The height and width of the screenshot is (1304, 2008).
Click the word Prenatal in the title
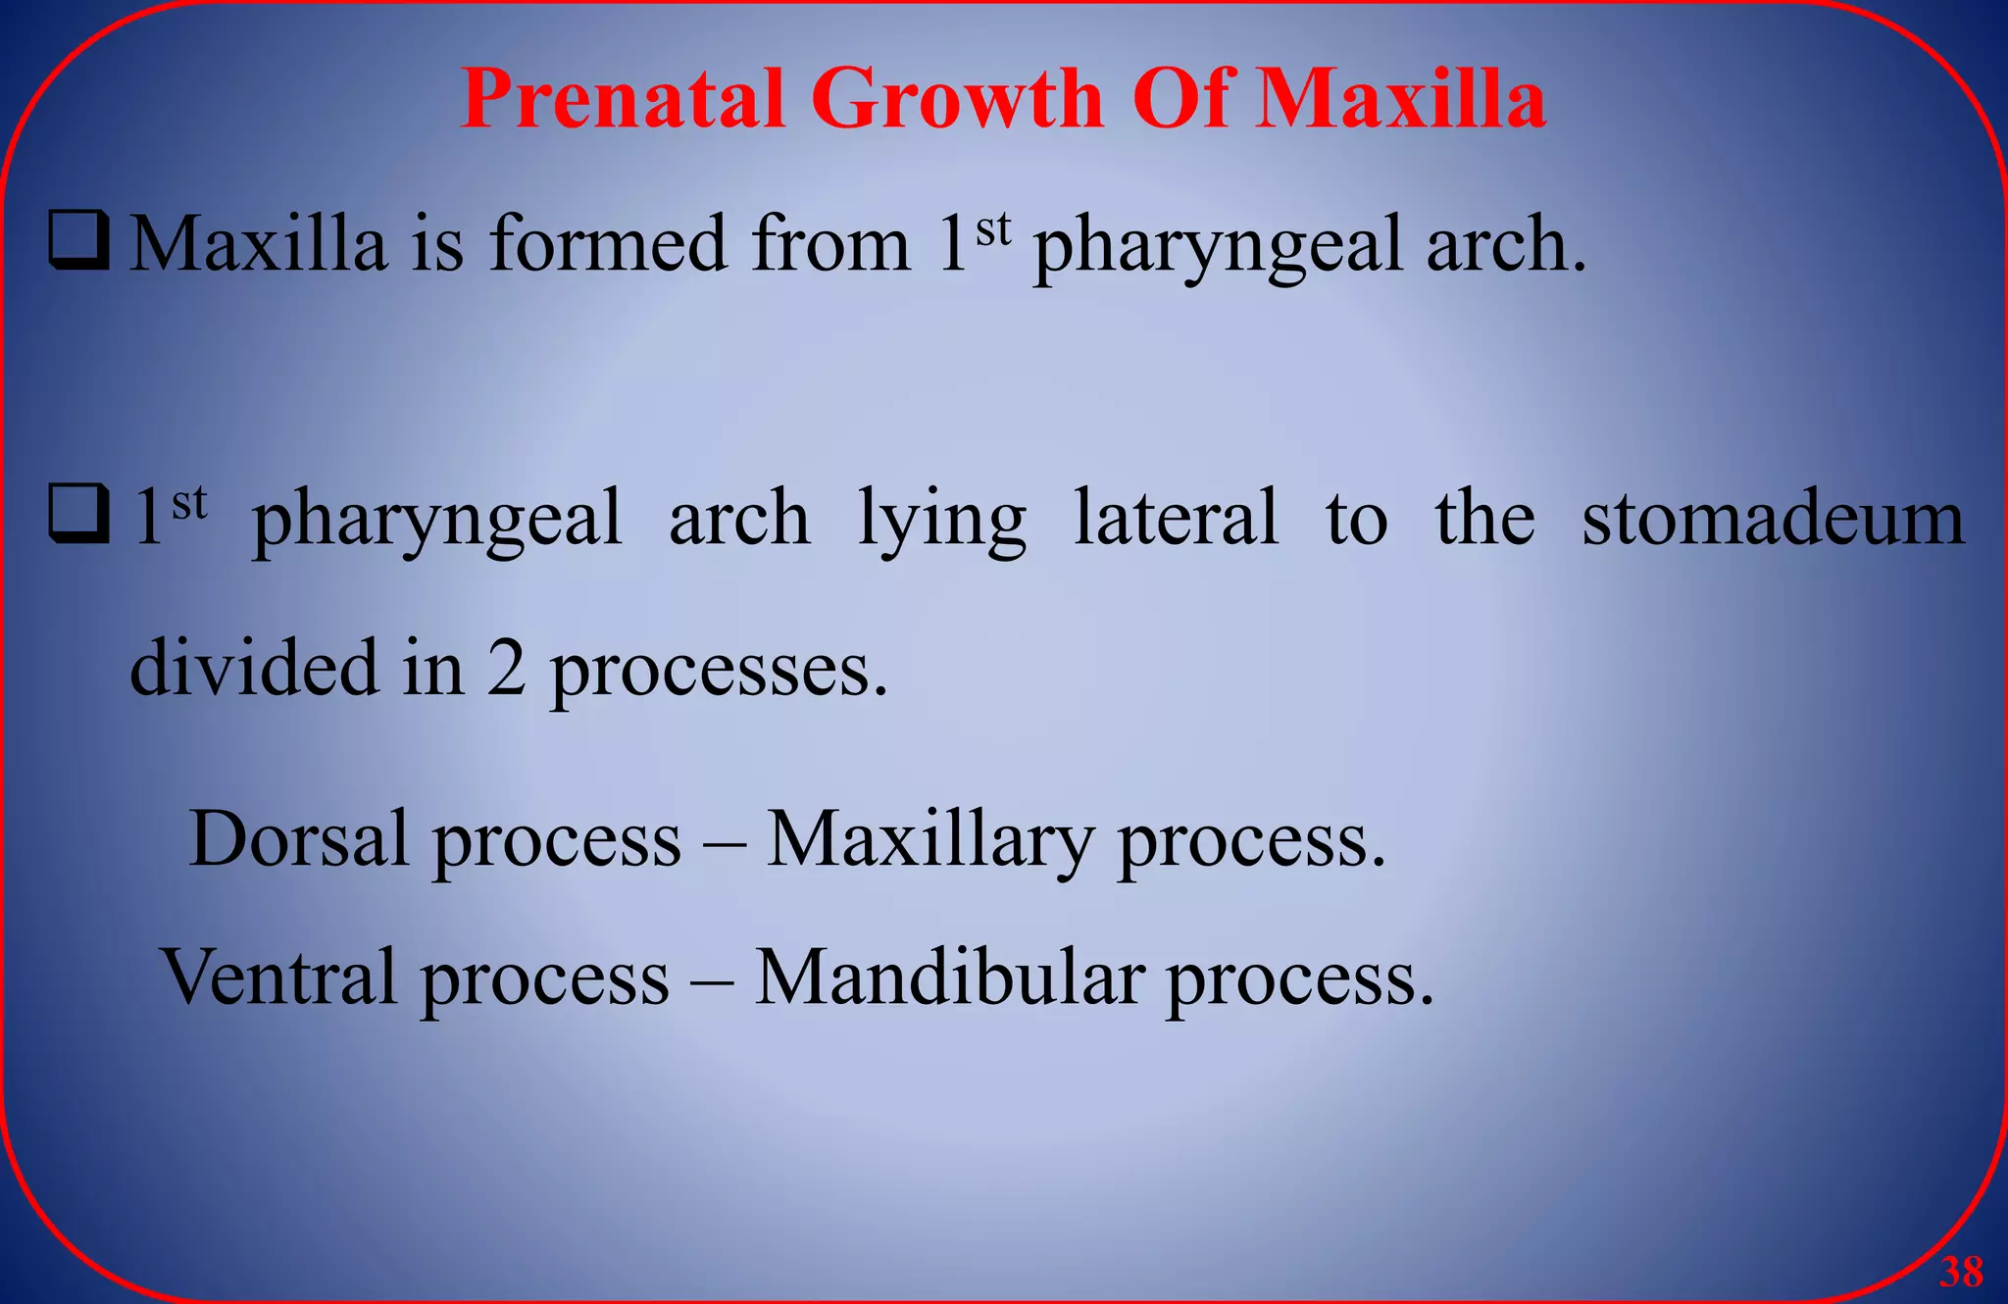[622, 99]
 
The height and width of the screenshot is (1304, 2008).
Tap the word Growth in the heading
[957, 99]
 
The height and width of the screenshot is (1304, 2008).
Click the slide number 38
[1961, 1272]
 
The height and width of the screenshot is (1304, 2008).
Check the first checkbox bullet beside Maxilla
[78, 241]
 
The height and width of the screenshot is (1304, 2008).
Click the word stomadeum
[1773, 518]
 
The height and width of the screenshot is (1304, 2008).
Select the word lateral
[1176, 518]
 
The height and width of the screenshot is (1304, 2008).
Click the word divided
[254, 668]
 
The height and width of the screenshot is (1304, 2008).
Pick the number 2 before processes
[506, 670]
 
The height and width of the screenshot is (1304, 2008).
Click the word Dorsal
[298, 839]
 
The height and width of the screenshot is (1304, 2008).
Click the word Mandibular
[949, 977]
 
